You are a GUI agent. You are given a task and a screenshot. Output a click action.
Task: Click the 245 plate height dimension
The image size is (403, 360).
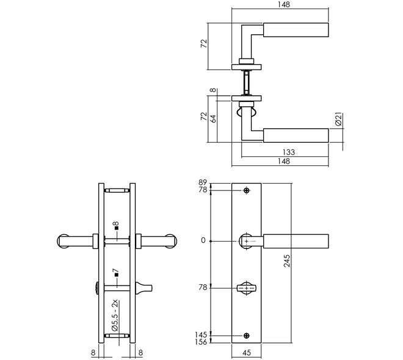287,261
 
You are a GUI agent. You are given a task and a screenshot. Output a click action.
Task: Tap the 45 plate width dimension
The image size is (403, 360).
247,353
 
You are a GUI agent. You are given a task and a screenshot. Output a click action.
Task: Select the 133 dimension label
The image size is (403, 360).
289,153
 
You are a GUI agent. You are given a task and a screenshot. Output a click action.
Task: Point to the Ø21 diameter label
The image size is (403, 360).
339,119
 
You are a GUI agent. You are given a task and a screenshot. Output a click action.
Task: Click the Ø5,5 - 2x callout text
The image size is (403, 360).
115,315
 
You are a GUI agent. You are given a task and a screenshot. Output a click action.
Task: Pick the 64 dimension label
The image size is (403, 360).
213,118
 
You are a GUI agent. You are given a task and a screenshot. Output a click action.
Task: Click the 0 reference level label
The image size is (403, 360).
203,240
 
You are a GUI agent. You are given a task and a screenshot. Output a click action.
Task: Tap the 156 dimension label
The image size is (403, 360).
201,342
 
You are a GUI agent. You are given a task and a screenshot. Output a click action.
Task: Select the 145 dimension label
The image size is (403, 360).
201,335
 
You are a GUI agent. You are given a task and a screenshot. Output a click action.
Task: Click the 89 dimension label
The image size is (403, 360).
203,182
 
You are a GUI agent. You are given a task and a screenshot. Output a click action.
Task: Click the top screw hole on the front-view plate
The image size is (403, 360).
247,190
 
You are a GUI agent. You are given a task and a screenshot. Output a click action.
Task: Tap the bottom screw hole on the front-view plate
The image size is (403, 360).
247,336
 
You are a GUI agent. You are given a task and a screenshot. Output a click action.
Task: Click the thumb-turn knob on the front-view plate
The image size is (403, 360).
247,289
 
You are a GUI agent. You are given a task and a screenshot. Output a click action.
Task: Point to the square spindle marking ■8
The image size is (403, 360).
117,226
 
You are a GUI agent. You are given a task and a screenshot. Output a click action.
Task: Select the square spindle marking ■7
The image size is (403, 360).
116,273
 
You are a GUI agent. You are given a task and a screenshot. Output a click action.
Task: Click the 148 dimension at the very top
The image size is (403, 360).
284,5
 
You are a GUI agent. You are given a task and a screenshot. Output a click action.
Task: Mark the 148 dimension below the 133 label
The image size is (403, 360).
284,161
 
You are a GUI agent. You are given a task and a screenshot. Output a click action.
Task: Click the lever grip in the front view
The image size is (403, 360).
296,242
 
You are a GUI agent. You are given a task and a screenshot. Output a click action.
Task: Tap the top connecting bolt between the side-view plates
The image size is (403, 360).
117,190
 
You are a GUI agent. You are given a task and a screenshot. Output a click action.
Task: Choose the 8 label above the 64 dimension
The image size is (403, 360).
213,90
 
